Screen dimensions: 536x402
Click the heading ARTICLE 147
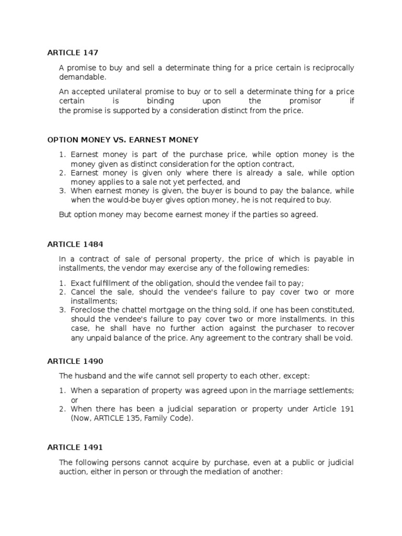pos(73,52)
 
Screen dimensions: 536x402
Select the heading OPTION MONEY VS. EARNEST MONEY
pos(123,140)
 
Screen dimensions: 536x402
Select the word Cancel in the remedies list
pos(83,292)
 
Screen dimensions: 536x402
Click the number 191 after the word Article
pos(348,408)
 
